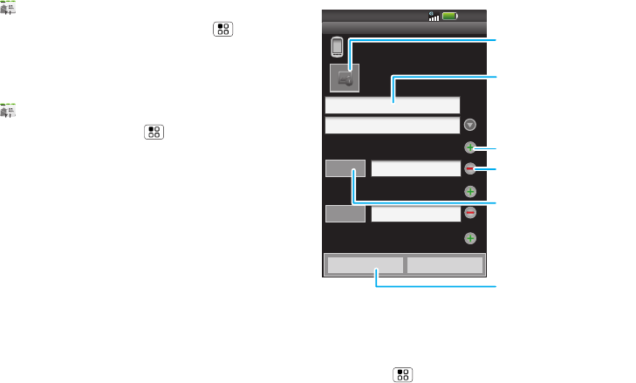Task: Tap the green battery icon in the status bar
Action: tap(450, 15)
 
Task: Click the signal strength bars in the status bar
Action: tap(434, 15)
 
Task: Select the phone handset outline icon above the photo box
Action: tap(337, 46)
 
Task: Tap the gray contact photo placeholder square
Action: tap(345, 78)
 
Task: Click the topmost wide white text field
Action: tap(392, 105)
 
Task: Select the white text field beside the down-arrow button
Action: tap(392, 126)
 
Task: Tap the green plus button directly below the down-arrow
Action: tap(470, 147)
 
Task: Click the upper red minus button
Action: tap(470, 168)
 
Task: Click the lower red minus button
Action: tap(470, 212)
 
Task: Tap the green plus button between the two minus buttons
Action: tap(470, 190)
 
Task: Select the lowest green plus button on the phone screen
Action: tap(470, 238)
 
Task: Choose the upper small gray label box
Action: tap(344, 169)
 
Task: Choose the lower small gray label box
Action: tap(344, 213)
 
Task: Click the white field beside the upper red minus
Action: tap(415, 169)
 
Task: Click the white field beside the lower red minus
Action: tap(415, 213)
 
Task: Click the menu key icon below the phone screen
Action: tap(403, 374)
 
